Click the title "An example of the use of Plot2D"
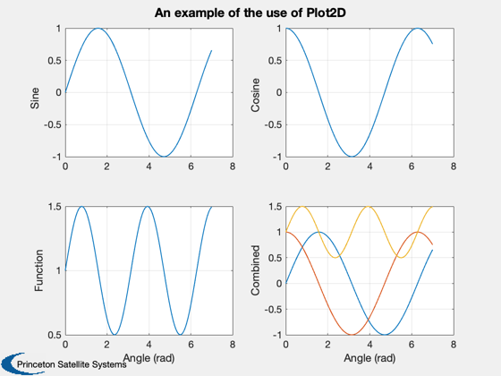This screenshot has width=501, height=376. click(x=250, y=13)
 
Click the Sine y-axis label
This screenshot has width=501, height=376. click(x=35, y=98)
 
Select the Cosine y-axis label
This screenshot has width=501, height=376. click(x=255, y=95)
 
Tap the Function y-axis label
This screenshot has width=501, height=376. click(x=38, y=270)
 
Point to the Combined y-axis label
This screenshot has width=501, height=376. click(x=255, y=270)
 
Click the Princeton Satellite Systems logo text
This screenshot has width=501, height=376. click(x=72, y=364)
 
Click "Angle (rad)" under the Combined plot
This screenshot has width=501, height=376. click(x=369, y=358)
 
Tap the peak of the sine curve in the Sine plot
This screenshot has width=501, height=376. click(x=98, y=29)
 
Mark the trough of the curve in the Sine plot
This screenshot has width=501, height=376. click(x=164, y=157)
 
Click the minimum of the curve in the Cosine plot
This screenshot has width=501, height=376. click(x=352, y=157)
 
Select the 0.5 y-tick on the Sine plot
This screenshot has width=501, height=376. click(x=55, y=61)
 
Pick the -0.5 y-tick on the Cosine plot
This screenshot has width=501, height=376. click(x=273, y=124)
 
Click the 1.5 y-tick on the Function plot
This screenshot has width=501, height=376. click(x=55, y=207)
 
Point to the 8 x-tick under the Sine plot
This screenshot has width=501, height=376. click(x=233, y=167)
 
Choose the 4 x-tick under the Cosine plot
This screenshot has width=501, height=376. click(x=369, y=167)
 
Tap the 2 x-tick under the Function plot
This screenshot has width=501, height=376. click(x=107, y=345)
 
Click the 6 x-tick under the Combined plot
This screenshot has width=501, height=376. click(x=412, y=345)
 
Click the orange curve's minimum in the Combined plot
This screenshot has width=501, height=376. click(x=352, y=335)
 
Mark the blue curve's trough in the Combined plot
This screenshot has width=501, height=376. click(x=385, y=335)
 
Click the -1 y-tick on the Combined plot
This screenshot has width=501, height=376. click(x=277, y=335)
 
